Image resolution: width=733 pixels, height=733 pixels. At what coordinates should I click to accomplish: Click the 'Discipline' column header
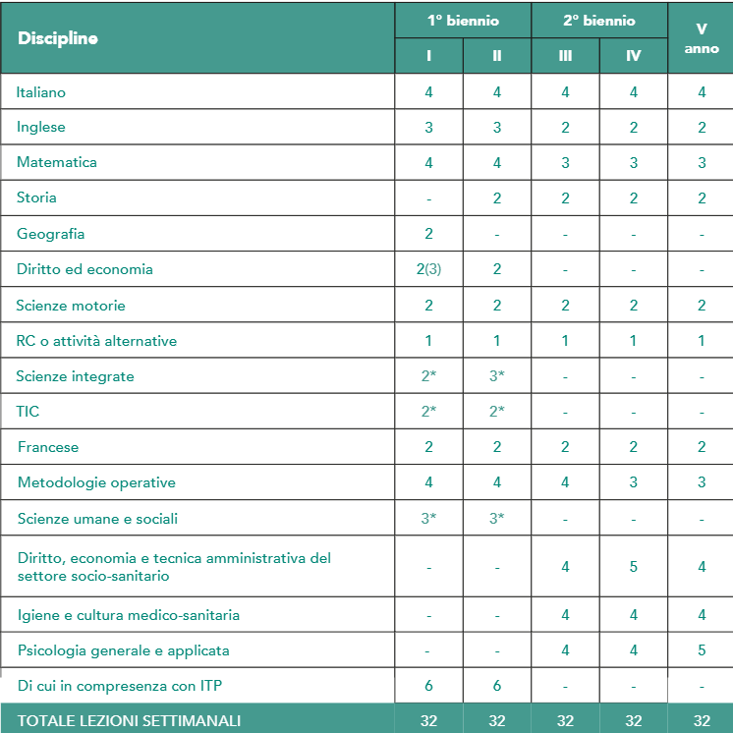coord(58,38)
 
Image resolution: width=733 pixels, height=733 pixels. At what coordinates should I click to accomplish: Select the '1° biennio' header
coord(463,20)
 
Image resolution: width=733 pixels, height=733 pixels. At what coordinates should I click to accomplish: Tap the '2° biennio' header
coord(599,20)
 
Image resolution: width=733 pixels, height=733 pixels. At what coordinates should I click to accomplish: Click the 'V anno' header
coord(702,38)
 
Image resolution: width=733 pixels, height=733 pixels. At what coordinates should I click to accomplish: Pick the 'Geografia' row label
coord(50,234)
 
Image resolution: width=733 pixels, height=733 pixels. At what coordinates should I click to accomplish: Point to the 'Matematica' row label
coord(56,162)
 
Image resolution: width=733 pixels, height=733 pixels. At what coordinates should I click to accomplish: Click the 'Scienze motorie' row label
coord(71,306)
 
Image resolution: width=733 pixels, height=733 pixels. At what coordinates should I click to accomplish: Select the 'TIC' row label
coord(28,412)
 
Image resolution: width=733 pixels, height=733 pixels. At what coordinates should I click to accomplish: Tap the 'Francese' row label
coord(48,447)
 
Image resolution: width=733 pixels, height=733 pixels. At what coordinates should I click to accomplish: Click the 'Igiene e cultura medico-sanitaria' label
coord(128,615)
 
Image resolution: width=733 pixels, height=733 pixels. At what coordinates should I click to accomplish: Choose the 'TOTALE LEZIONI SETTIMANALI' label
coord(129,720)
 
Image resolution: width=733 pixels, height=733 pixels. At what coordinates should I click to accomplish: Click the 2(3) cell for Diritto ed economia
coord(429,269)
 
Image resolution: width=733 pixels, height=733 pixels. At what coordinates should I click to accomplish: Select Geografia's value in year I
coord(429,234)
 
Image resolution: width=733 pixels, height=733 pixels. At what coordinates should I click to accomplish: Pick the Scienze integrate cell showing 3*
coord(497,376)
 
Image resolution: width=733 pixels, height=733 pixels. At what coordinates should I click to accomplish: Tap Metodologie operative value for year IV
coord(634,482)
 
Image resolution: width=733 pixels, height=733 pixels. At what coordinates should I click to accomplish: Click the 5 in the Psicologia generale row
coord(702,650)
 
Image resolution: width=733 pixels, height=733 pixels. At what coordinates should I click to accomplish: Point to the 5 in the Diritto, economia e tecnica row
coord(634,567)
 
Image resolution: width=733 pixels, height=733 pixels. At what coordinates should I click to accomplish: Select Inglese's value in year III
coord(565,127)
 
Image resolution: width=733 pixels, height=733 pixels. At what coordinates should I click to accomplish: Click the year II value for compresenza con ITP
coord(497,686)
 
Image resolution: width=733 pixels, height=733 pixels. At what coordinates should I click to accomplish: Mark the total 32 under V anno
coord(702,720)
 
